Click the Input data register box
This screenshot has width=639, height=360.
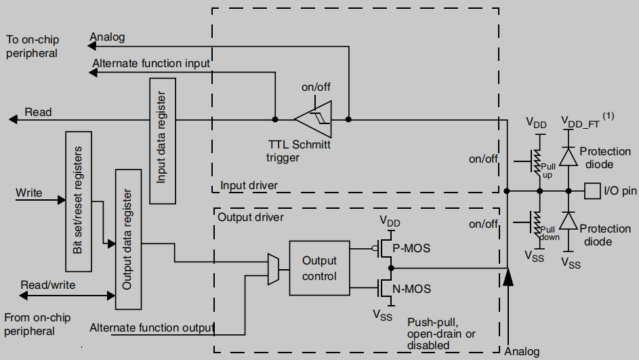point(162,140)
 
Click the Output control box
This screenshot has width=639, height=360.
point(319,267)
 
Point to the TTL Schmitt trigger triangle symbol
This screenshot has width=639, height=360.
point(313,119)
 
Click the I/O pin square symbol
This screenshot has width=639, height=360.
point(592,191)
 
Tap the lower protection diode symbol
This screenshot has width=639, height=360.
point(568,222)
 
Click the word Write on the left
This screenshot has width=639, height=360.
point(29,193)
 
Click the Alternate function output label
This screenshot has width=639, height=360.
point(152,328)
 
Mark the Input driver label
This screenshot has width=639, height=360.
point(249,185)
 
